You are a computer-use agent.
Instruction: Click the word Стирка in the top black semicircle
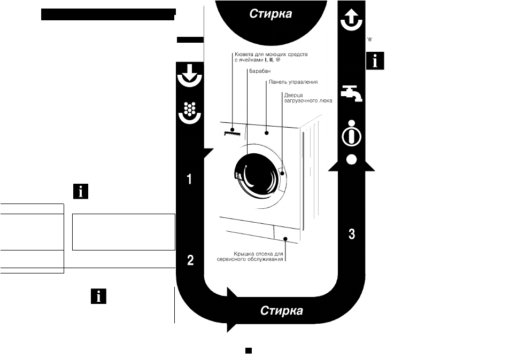coord(271,14)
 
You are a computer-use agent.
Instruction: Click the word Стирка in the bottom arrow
coord(282,311)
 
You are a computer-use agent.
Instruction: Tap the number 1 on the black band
coord(189,179)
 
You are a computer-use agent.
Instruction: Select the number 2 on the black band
coord(190,260)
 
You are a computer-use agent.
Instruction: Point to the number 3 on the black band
coord(352,234)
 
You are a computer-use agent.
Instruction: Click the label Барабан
coord(260,71)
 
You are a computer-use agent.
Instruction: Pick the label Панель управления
coord(293,82)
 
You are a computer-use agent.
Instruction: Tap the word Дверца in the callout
coord(293,95)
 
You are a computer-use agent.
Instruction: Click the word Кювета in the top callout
coord(243,54)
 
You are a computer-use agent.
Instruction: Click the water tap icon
coord(352,93)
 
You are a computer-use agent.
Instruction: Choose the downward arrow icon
coord(190,76)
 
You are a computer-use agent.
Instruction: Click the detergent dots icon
coord(190,113)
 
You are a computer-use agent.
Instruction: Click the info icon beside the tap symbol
coord(375,60)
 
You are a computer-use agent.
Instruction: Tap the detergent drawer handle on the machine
coord(232,133)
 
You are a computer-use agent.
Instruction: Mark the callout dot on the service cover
coord(285,239)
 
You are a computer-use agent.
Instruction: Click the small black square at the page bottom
coord(249,350)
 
